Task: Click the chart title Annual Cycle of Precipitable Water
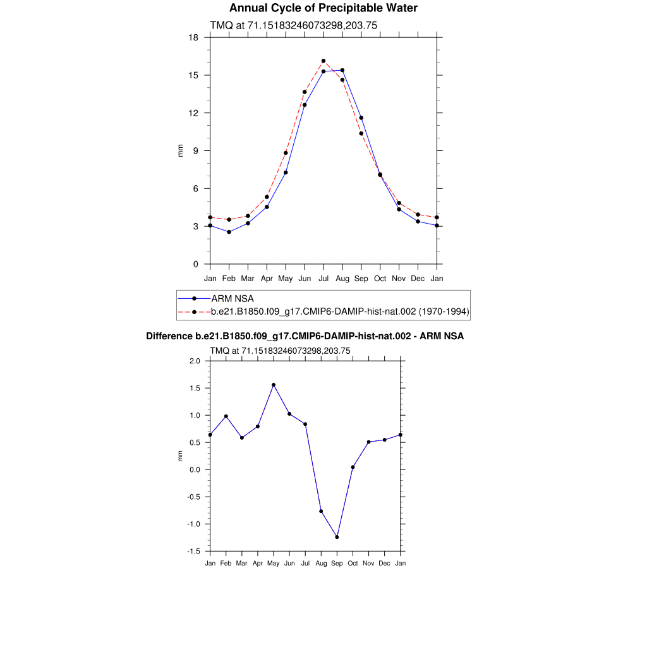[323, 8]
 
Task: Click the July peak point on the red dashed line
[323, 61]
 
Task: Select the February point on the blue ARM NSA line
[229, 232]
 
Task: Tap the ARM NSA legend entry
[233, 298]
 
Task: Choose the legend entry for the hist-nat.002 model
[331, 311]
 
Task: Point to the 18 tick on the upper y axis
[195, 38]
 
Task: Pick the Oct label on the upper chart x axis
[380, 278]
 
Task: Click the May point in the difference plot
[274, 385]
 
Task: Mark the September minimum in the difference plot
[337, 537]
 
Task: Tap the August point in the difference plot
[321, 511]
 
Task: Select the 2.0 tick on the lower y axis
[195, 361]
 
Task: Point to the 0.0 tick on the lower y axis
[195, 470]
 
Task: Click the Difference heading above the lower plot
[305, 336]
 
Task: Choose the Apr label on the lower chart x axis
[257, 563]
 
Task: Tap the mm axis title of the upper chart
[180, 150]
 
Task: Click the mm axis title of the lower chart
[180, 456]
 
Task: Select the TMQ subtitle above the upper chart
[293, 25]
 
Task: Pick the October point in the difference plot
[353, 467]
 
